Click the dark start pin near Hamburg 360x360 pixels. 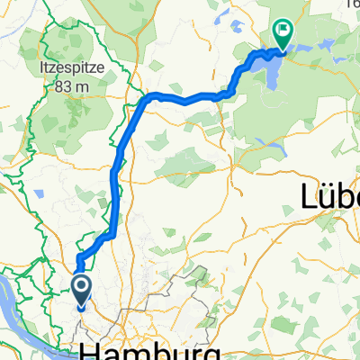pos(81,292)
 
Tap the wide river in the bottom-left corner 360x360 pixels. pos(18,297)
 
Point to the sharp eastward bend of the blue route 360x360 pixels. pos(149,96)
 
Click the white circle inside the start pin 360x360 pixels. pos(81,287)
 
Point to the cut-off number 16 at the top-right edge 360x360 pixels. pos(353,4)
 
